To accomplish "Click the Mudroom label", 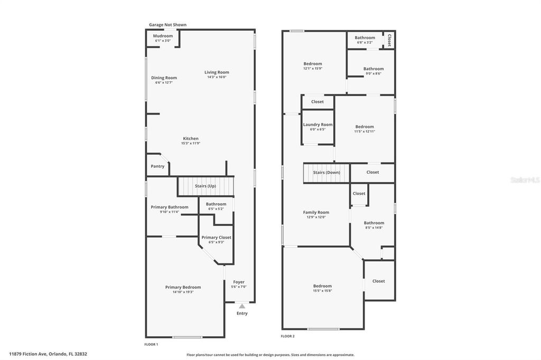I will click(x=163, y=36).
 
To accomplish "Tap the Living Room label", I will click(x=217, y=72).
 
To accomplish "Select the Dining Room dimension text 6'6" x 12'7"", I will click(x=164, y=83).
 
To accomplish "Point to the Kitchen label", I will click(x=191, y=138).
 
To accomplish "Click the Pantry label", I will click(x=157, y=166).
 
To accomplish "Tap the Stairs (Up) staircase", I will click(x=206, y=186).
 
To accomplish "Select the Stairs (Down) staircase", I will click(x=327, y=173).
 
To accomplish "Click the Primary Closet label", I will click(x=216, y=238).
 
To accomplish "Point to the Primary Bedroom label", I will click(x=183, y=287).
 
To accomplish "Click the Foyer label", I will click(x=239, y=282).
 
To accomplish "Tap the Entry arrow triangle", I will click(x=242, y=306).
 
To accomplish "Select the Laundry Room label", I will click(x=318, y=125).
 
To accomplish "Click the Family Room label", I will click(x=316, y=212).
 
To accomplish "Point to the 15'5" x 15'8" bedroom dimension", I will click(x=322, y=291).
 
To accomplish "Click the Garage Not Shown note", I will click(x=167, y=25).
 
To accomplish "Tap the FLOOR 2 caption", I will click(x=287, y=336).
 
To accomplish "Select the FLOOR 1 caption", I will click(x=151, y=344).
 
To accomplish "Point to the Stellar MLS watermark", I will click(x=525, y=180).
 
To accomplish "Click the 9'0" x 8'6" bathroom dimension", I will click(x=374, y=73).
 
